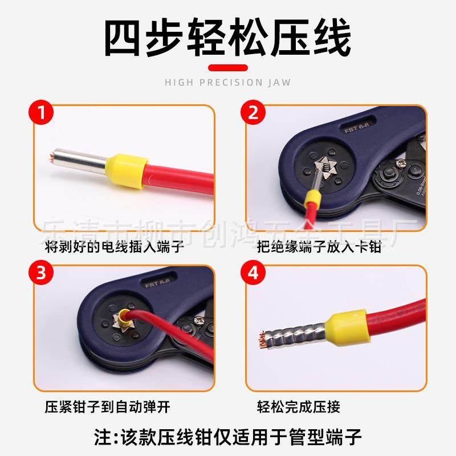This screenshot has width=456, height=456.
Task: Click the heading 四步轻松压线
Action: click(x=228, y=38)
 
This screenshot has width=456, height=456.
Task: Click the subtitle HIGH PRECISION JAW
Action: click(x=228, y=82)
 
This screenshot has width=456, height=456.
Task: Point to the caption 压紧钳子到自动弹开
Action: click(x=108, y=407)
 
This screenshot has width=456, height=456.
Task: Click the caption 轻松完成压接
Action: click(x=299, y=407)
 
